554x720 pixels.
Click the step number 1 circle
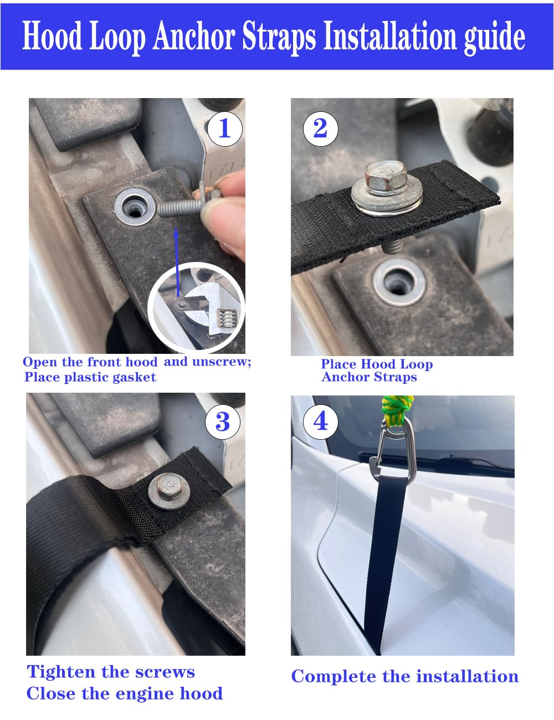[224, 128]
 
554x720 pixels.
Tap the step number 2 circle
[320, 128]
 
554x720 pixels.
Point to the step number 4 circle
[321, 421]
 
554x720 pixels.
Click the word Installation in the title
[390, 37]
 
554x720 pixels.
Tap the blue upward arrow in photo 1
[178, 260]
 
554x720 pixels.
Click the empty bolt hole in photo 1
[133, 208]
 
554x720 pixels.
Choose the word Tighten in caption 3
[61, 672]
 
